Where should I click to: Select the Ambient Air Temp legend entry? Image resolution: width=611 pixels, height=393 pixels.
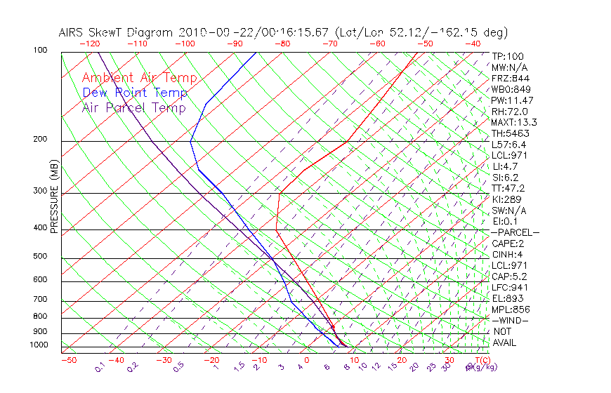click(140, 78)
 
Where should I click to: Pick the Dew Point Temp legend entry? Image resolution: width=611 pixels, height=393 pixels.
click(135, 93)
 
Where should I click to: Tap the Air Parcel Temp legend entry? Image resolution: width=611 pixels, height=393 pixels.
click(133, 107)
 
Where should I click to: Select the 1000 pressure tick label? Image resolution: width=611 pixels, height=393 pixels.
click(39, 345)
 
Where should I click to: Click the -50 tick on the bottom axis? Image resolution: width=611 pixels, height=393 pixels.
click(68, 360)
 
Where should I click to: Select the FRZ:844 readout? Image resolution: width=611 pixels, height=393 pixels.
click(508, 78)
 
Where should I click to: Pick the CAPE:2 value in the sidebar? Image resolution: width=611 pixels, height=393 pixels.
click(508, 244)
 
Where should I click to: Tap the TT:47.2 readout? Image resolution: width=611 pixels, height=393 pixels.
click(508, 188)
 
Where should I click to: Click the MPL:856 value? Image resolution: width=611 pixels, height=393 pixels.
click(510, 309)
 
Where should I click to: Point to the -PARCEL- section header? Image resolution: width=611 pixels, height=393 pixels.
click(515, 232)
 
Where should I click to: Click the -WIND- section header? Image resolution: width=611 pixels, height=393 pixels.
click(510, 321)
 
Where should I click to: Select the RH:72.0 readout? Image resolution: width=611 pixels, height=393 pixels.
click(509, 111)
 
